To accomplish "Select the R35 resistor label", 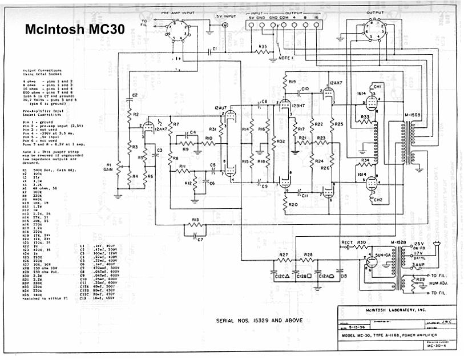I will pos(262,46).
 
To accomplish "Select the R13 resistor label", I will pos(195,220).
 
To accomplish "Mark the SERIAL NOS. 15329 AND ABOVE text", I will pos(259,320).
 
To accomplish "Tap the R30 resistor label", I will pos(361,243).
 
